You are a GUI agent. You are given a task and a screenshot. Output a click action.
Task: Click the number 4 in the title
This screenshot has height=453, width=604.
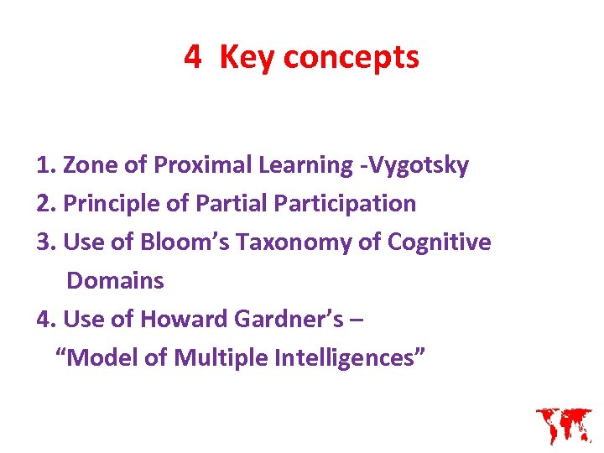(193, 57)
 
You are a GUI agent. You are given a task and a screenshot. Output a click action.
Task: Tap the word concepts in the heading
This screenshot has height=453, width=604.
(351, 57)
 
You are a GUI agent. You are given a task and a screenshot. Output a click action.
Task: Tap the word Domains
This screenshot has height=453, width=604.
(115, 281)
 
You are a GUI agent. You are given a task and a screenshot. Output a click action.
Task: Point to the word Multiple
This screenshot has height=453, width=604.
(221, 358)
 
